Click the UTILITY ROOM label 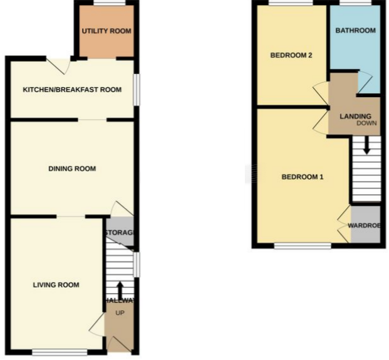pos(106,31)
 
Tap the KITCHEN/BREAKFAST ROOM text pos(72,90)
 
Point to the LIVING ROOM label pos(56,285)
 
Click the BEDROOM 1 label pos(302,177)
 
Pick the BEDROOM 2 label pos(291,55)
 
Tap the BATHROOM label pos(355,31)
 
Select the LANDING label pos(355,116)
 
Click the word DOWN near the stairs pos(366,124)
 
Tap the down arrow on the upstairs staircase pos(366,146)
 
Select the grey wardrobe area pos(366,224)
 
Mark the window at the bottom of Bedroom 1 pos(303,245)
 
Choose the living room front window pos(60,351)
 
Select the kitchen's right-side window pos(137,88)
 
